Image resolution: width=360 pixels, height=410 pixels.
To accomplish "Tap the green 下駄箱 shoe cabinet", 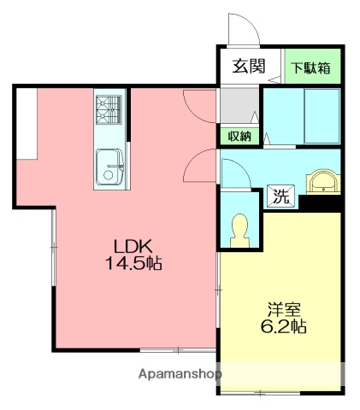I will pos(310,67).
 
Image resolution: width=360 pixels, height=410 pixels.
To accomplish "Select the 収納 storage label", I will pos(239,136).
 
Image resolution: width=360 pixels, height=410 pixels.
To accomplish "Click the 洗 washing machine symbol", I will pos(281,195).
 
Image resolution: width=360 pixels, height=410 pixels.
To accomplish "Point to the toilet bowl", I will pos(239,229).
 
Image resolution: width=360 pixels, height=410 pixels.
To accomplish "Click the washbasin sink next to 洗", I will pos(324,181).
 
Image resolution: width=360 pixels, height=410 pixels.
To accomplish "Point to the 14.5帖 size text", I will pos(133,263).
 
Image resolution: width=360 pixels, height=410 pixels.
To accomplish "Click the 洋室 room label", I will pos(281,309).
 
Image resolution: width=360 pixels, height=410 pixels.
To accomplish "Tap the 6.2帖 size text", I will pos(281,327).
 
